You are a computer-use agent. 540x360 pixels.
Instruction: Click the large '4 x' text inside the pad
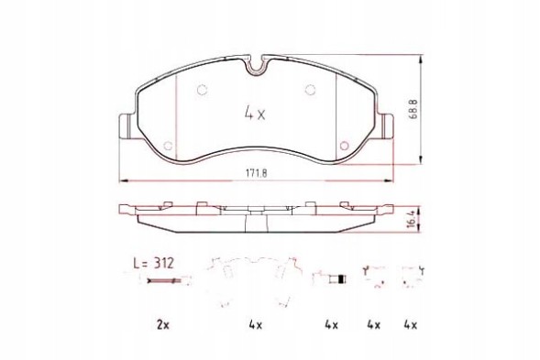tap(254, 115)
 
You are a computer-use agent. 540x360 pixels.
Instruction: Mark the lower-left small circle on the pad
tap(165, 144)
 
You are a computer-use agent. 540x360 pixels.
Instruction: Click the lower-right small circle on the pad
tap(344, 143)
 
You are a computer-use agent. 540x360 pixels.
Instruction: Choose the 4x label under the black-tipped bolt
tap(331, 324)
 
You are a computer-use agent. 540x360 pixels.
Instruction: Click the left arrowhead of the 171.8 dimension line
tap(122, 177)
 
